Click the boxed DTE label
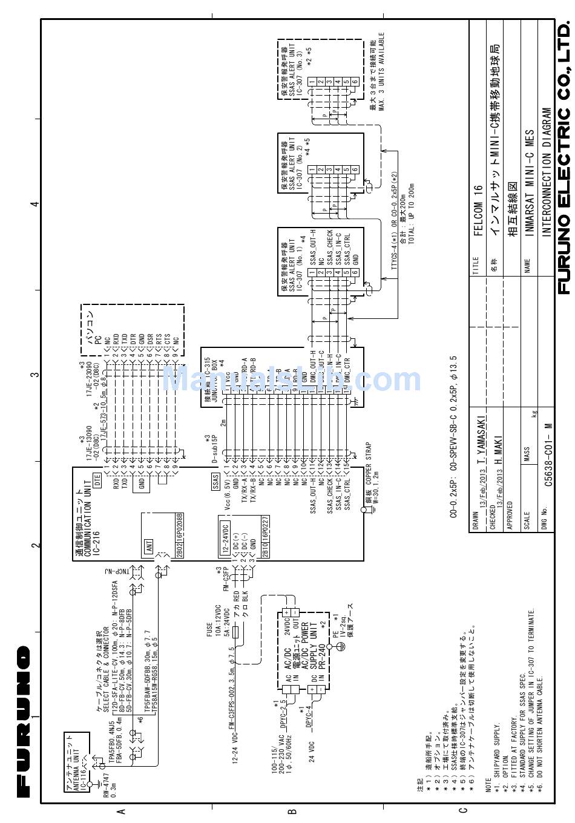[x=96, y=481]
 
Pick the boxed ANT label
[x=148, y=546]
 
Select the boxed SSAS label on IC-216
[x=214, y=482]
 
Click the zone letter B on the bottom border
[x=292, y=812]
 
